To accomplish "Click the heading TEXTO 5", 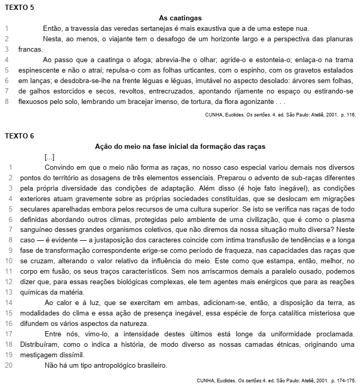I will (x=20, y=7).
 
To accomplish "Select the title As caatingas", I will (x=180, y=18).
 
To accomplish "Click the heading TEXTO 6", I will (x=20, y=136).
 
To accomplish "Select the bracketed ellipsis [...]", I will (x=50, y=157).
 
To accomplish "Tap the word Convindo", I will (x=61, y=168).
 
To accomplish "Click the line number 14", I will (x=8, y=302).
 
